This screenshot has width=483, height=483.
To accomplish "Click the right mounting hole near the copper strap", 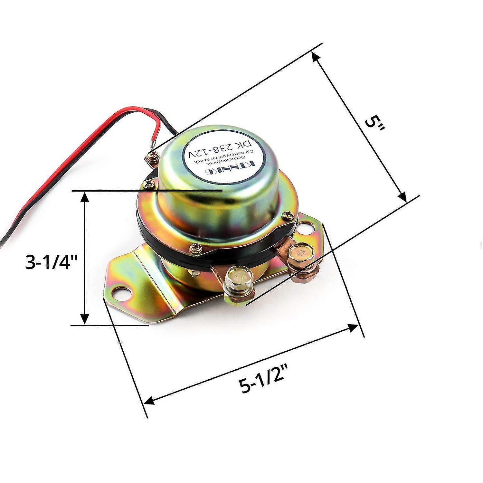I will [x=307, y=228].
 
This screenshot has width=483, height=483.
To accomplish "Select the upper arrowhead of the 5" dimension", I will [x=316, y=58].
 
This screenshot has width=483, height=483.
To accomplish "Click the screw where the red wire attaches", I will [x=152, y=157].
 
